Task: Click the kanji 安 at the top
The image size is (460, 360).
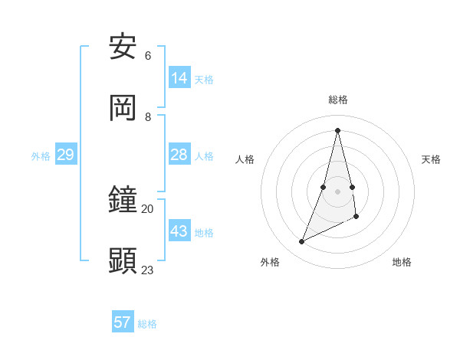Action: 123,47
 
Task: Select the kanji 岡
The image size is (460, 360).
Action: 123,108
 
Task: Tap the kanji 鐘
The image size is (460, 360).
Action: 123,201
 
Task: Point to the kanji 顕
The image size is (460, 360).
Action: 123,261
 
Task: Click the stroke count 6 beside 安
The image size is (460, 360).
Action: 148,56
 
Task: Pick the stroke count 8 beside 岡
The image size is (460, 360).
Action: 148,116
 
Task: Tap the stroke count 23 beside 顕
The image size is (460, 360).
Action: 148,270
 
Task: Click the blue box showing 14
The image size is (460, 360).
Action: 179,78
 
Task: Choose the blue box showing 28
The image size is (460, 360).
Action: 179,155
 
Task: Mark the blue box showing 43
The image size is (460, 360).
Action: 179,231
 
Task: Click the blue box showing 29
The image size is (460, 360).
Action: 65,155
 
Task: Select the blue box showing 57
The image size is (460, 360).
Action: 123,322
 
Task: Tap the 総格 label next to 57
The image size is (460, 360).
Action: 147,324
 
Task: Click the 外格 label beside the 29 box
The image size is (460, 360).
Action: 41,156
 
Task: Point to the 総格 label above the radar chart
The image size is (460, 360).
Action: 338,100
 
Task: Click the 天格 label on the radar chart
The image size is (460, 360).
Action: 431,159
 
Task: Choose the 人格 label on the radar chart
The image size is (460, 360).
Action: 245,159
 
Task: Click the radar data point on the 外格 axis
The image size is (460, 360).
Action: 302,242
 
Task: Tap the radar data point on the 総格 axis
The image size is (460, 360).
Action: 338,129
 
